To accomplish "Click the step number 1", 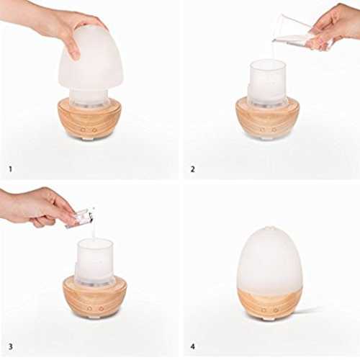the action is (10, 169).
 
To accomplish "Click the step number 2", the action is (192, 169).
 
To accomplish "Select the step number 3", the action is (10, 346).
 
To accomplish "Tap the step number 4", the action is (193, 346).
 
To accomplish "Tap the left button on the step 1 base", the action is (84, 130).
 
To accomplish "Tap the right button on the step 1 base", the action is (94, 130).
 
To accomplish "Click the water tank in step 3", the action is (94, 261).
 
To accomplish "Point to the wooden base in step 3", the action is (95, 297).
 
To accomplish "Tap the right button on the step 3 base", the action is (100, 308).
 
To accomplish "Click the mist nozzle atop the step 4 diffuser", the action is (269, 228).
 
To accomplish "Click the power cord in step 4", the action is (308, 310).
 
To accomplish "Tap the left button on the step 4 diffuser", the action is (264, 310).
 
